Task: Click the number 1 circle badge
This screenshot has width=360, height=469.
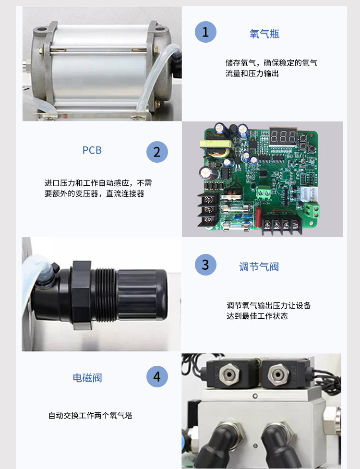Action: click(205, 32)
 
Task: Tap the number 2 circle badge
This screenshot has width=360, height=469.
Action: click(157, 152)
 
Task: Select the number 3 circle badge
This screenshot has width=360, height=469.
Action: click(205, 265)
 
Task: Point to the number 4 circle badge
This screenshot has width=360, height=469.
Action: click(157, 376)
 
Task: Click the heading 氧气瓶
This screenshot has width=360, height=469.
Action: click(264, 34)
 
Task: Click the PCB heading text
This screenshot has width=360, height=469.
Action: click(92, 150)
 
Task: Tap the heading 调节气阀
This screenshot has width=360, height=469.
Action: click(259, 267)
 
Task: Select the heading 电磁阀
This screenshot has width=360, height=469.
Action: click(87, 378)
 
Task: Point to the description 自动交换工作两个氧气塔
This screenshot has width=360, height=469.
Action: click(90, 416)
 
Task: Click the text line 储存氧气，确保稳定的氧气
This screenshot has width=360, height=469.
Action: click(271, 63)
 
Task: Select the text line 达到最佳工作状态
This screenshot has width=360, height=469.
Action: click(257, 316)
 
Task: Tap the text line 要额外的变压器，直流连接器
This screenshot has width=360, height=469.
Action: click(94, 194)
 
